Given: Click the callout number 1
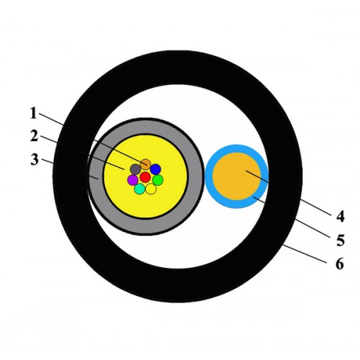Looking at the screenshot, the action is [x=34, y=113].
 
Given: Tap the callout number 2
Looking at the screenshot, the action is [x=34, y=136].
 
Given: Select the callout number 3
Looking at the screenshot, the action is [x=34, y=159].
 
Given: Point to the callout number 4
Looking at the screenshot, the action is [x=341, y=216].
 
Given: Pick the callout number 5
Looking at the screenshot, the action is [x=341, y=240].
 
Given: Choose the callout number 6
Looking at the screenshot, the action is [x=340, y=264].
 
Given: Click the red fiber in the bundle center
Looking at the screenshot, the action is [x=145, y=177].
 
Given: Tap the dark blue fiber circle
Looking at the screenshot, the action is [x=156, y=169].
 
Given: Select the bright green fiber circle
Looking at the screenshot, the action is [x=158, y=180].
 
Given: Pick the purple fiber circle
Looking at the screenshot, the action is [x=132, y=180].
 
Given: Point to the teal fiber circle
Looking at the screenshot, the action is [x=140, y=189].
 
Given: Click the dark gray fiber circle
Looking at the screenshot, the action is [x=135, y=169].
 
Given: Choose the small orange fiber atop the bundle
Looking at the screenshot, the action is [x=145, y=164].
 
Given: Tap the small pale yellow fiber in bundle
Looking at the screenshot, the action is [x=151, y=189].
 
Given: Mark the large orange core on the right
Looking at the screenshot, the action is [x=237, y=176].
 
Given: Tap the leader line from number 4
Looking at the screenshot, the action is [x=288, y=192].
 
